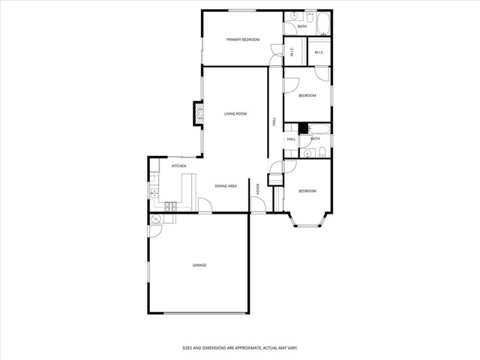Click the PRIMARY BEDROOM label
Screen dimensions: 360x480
point(243,39)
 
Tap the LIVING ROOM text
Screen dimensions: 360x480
point(235,114)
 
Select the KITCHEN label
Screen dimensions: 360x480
point(178,166)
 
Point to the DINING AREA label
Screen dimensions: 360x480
point(226,186)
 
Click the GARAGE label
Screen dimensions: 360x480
point(199,265)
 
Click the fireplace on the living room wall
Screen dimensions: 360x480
point(199,114)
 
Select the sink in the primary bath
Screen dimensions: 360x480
point(294,16)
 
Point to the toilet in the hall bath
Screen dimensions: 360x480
point(321,153)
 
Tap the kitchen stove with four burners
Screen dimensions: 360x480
point(170,206)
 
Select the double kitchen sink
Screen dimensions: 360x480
point(154,192)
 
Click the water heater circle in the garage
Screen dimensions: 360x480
point(155,219)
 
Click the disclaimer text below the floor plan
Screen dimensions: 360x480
point(239,348)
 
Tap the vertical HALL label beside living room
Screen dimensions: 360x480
point(274,121)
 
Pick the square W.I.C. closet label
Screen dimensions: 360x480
point(319,52)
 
